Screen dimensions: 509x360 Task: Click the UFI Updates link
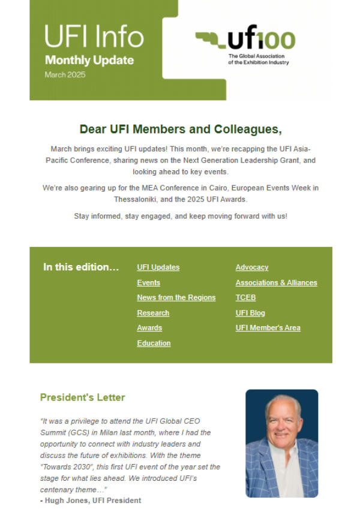[x=158, y=267]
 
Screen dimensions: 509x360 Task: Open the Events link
[x=148, y=282]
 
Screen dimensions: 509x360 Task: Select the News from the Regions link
[x=176, y=297]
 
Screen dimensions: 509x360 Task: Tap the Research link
[x=153, y=313]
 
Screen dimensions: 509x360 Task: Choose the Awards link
[x=149, y=328]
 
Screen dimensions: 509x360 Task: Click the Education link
[x=154, y=343]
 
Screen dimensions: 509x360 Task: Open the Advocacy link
[x=251, y=267]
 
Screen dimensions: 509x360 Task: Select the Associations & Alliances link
[x=276, y=282]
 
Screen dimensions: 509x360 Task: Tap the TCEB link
[x=245, y=297]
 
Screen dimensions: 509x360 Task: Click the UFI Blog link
[x=250, y=313]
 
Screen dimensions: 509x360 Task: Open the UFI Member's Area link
[x=268, y=328]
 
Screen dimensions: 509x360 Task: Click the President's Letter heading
[x=82, y=397]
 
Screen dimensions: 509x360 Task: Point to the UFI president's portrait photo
[x=281, y=443]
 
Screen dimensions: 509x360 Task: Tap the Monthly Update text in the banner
[x=89, y=60]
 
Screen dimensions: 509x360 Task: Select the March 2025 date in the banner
[x=65, y=75]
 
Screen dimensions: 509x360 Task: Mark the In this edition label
[x=81, y=267]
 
